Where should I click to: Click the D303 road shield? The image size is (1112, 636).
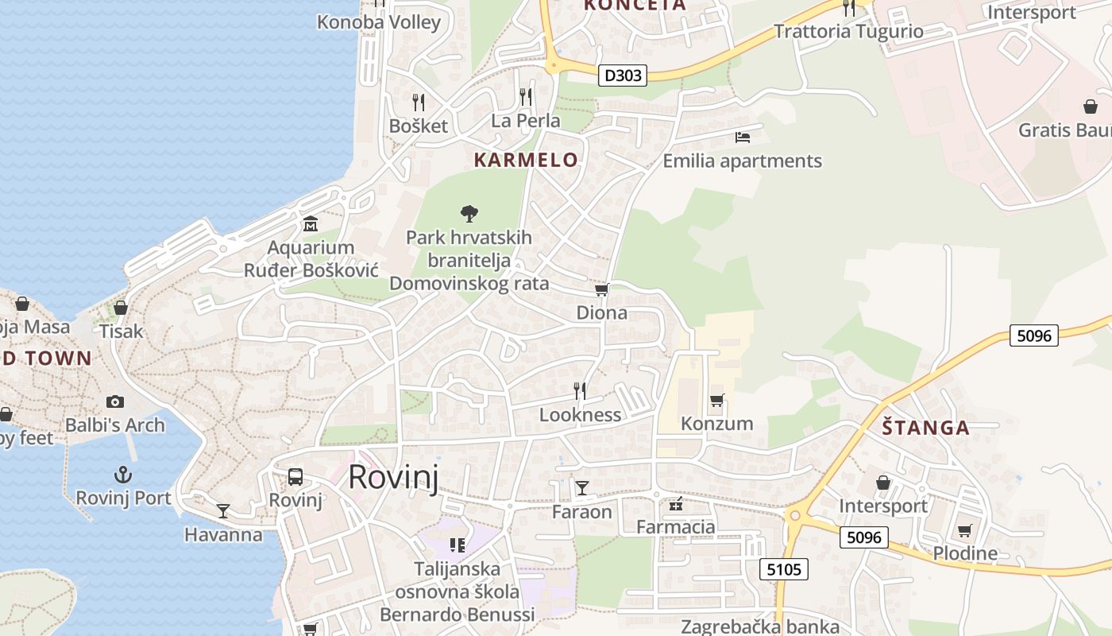click(622, 76)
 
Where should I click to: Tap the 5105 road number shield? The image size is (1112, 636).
click(784, 569)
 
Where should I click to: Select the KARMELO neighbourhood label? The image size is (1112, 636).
click(526, 160)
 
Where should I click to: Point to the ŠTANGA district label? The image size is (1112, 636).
click(925, 428)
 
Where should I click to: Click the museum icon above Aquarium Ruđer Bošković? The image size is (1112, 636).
click(310, 224)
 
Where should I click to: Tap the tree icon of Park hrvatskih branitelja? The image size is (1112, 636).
click(469, 213)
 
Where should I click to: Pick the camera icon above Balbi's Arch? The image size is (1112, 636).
click(115, 401)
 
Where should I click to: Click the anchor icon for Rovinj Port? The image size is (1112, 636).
click(123, 475)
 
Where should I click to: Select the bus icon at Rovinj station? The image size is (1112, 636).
click(295, 477)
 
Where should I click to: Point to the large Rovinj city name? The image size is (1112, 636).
click(393, 477)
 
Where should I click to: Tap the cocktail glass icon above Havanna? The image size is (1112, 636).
click(223, 510)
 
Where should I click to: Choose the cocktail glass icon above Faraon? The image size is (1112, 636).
click(582, 487)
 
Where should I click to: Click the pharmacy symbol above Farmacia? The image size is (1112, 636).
click(676, 503)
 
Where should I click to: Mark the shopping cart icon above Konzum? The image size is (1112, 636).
click(717, 400)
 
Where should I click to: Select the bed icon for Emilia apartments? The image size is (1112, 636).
click(743, 137)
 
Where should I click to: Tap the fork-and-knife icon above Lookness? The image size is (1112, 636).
click(580, 390)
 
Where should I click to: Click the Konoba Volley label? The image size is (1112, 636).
click(379, 22)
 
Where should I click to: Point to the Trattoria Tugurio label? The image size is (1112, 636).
click(848, 32)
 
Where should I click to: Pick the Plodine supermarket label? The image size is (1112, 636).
click(965, 553)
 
